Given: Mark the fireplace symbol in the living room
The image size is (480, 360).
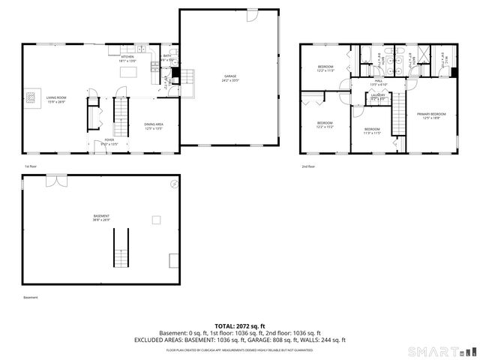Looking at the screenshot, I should pos(31,96).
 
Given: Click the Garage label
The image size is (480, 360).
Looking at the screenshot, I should pos(229,77).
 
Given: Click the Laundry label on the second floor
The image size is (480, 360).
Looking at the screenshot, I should pos(376,96).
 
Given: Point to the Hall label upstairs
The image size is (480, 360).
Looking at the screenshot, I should pos(379,81).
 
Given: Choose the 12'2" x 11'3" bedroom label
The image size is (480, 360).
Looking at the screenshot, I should pos(325,69).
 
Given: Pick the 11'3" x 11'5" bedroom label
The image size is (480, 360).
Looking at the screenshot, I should pos(373,131).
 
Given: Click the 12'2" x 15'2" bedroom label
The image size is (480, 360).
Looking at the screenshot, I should pos(324,124).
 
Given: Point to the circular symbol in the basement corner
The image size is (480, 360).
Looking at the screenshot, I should pos(175,184).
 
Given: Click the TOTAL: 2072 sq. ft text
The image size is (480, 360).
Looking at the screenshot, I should pos(239,326).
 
